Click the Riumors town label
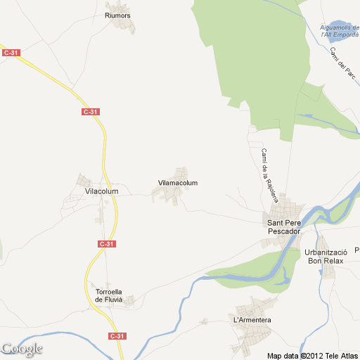pos(117,15)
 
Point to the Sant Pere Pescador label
pos(284,227)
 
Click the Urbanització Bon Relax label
pos(326,256)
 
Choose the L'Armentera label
pos(252,321)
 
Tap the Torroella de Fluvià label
pos(109,295)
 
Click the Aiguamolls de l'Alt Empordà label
pos(340,31)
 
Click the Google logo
pos(22,349)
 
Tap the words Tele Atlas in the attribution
pos(341,354)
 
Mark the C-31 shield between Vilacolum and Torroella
pos(106,244)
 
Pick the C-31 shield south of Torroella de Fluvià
pos(118,336)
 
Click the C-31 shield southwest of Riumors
pos(90,112)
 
